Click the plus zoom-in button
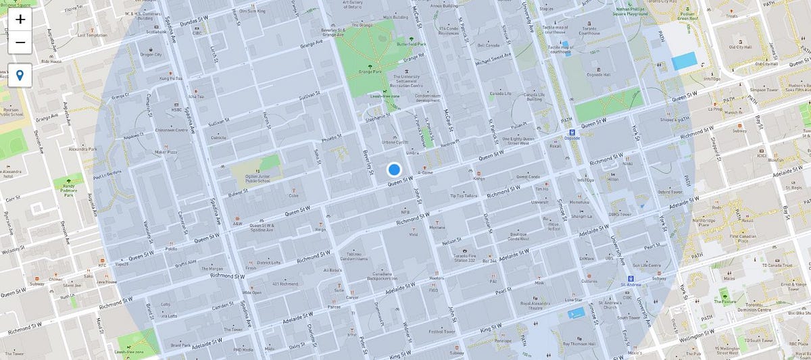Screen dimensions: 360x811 click(20, 19)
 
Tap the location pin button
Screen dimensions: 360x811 click(20, 75)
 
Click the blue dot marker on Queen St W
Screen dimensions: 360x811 click(395, 170)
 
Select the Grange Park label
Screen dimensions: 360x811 click(370, 70)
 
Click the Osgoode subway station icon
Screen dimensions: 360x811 click(572, 132)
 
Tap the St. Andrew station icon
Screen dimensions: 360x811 click(630, 278)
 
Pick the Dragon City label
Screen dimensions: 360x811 click(151, 54)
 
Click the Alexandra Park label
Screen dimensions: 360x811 click(83, 149)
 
